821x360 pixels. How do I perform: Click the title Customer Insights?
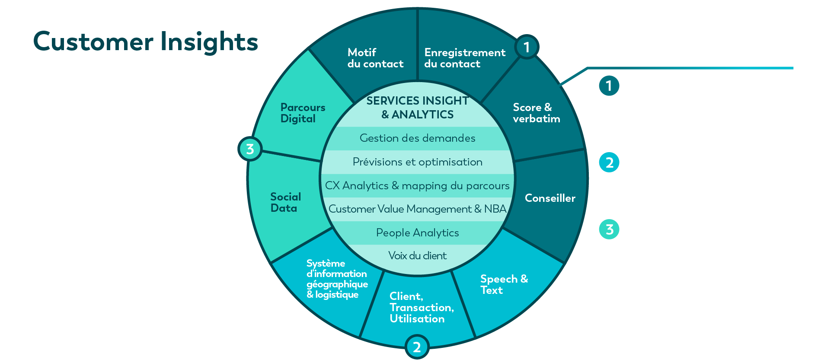[x=146, y=42]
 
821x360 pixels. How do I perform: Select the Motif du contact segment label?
[x=375, y=58]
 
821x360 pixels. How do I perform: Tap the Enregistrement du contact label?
[x=465, y=58]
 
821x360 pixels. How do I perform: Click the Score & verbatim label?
[x=536, y=113]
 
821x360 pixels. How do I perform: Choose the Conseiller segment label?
[x=550, y=198]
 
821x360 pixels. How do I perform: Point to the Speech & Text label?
[x=504, y=284]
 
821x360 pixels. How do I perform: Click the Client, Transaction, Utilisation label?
[x=422, y=307]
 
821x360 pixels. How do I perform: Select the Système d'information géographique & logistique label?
[x=337, y=279]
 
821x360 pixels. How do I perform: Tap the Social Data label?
[x=285, y=202]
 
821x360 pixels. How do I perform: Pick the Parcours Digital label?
[x=303, y=113]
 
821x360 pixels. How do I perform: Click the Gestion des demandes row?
[x=417, y=138]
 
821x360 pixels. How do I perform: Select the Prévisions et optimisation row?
[x=417, y=162]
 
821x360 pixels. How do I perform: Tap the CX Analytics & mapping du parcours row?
[x=417, y=186]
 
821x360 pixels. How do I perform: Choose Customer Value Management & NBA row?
[x=417, y=209]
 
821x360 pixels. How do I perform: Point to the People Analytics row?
[x=417, y=233]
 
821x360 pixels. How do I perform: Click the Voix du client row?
[x=417, y=256]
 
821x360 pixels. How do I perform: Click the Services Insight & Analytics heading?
[x=417, y=108]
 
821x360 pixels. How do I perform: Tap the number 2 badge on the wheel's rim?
[x=417, y=347]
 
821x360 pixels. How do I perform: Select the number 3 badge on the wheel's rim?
[x=250, y=149]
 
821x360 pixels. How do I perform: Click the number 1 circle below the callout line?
[x=609, y=86]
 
